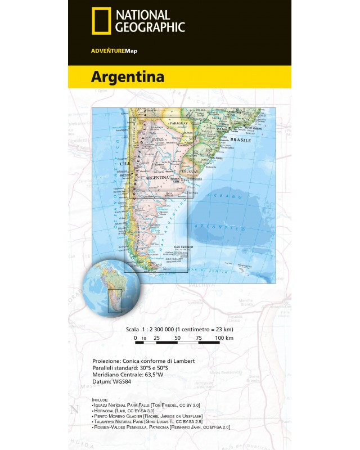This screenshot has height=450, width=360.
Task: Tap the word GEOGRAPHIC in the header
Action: pos(150,26)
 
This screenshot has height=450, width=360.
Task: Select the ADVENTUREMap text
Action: pos(114,51)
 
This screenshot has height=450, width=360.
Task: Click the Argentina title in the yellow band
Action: pos(128,76)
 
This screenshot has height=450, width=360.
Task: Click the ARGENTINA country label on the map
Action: pos(157,177)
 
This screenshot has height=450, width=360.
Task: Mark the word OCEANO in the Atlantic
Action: pos(225,196)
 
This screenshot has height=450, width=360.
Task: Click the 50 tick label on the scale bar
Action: pos(177,338)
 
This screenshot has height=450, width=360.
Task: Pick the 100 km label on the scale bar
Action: pos(224,338)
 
